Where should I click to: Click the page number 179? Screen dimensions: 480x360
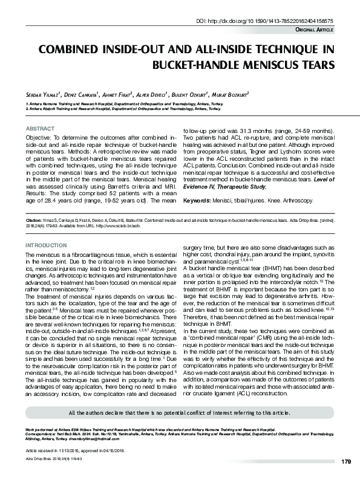(x=345, y=462)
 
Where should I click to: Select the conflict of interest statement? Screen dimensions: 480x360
(x=179, y=412)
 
